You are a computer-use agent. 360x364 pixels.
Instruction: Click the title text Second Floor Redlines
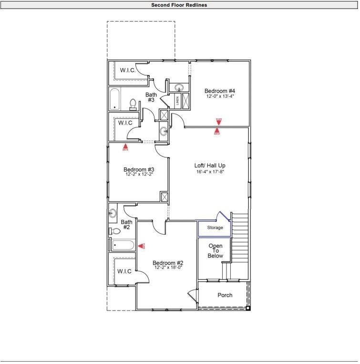(179, 5)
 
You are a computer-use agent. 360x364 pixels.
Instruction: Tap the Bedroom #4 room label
(220, 91)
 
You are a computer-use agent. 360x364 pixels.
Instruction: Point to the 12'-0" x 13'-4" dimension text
(220, 96)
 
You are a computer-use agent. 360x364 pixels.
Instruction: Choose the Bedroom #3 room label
(138, 169)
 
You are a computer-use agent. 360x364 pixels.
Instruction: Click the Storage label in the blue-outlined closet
(215, 228)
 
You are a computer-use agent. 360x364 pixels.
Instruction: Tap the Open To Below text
(215, 251)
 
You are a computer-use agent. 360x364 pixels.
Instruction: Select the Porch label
(225, 295)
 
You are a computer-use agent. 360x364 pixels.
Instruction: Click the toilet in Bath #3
(134, 104)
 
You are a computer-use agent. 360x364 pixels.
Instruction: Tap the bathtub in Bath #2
(123, 245)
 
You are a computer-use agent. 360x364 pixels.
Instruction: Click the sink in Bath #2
(113, 213)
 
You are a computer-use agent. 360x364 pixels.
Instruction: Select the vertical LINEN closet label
(177, 100)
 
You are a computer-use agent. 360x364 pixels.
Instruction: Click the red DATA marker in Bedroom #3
(125, 147)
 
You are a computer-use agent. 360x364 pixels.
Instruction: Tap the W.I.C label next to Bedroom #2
(124, 271)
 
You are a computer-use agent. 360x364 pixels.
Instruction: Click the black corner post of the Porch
(247, 308)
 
